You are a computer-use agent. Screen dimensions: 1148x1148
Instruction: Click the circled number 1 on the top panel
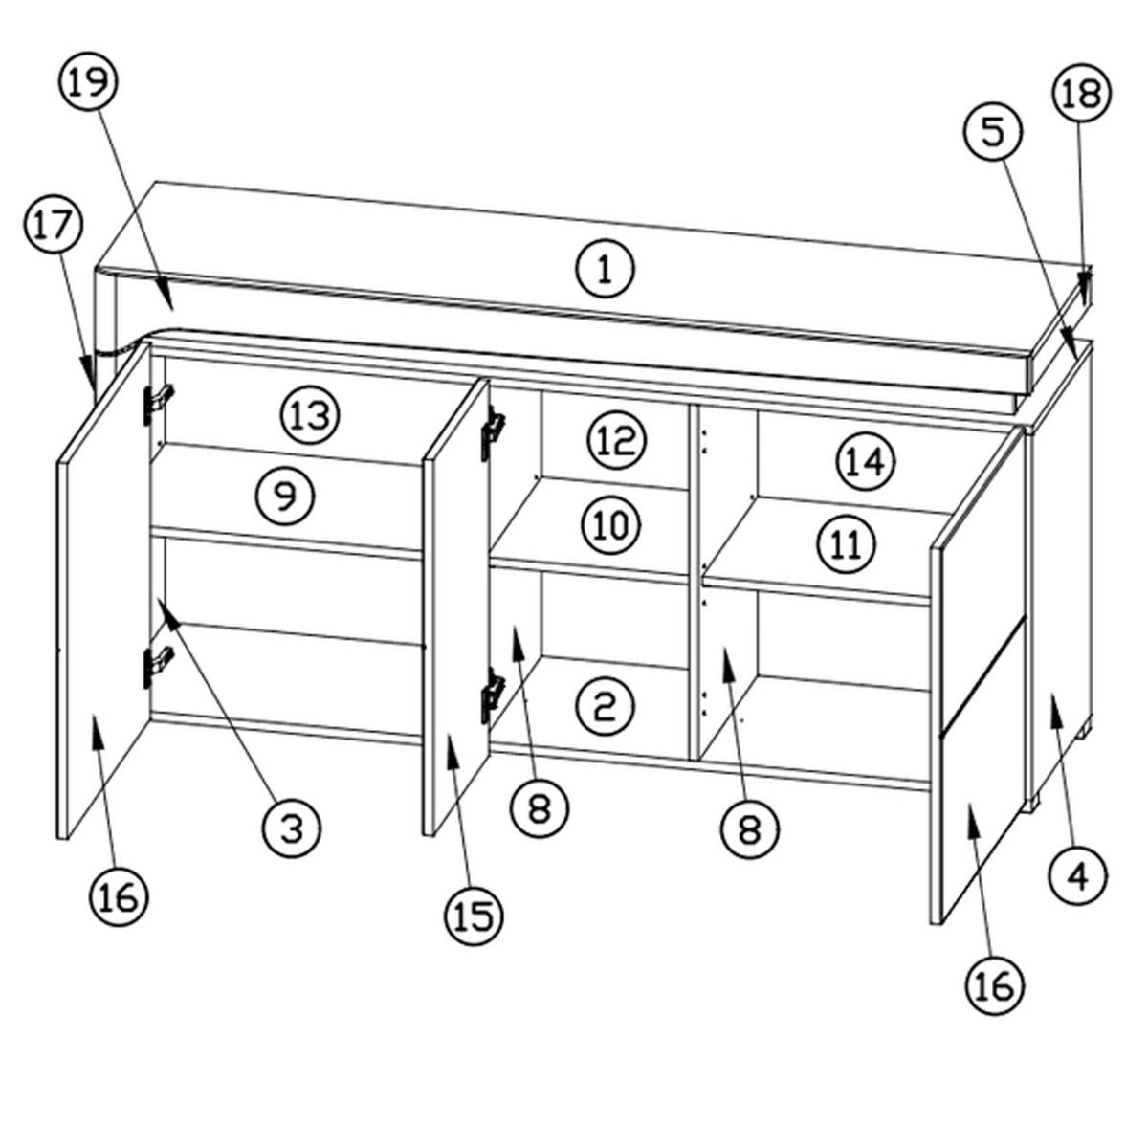[x=605, y=271]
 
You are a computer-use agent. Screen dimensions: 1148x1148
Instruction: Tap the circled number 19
[x=89, y=82]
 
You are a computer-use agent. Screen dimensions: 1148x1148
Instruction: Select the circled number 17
[x=54, y=227]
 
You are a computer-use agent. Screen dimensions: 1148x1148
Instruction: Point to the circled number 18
[x=1082, y=94]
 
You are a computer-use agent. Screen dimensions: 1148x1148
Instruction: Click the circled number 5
[x=993, y=133]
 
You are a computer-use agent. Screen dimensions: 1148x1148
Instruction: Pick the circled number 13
[x=310, y=415]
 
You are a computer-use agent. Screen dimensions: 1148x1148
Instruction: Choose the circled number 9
[x=286, y=496]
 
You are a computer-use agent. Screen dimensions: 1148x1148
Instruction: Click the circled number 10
[x=612, y=525]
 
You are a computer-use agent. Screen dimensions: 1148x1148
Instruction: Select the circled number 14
[x=867, y=461]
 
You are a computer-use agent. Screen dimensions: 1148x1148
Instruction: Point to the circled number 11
[x=846, y=544]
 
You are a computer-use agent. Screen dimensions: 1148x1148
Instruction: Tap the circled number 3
[x=292, y=828]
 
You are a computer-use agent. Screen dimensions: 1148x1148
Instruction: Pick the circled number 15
[x=475, y=916]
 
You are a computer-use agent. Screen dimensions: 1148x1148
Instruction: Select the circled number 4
[x=1078, y=875]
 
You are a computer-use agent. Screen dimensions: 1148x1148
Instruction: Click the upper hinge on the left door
[x=157, y=404]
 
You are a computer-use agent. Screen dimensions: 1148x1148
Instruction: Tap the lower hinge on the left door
[x=157, y=667]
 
